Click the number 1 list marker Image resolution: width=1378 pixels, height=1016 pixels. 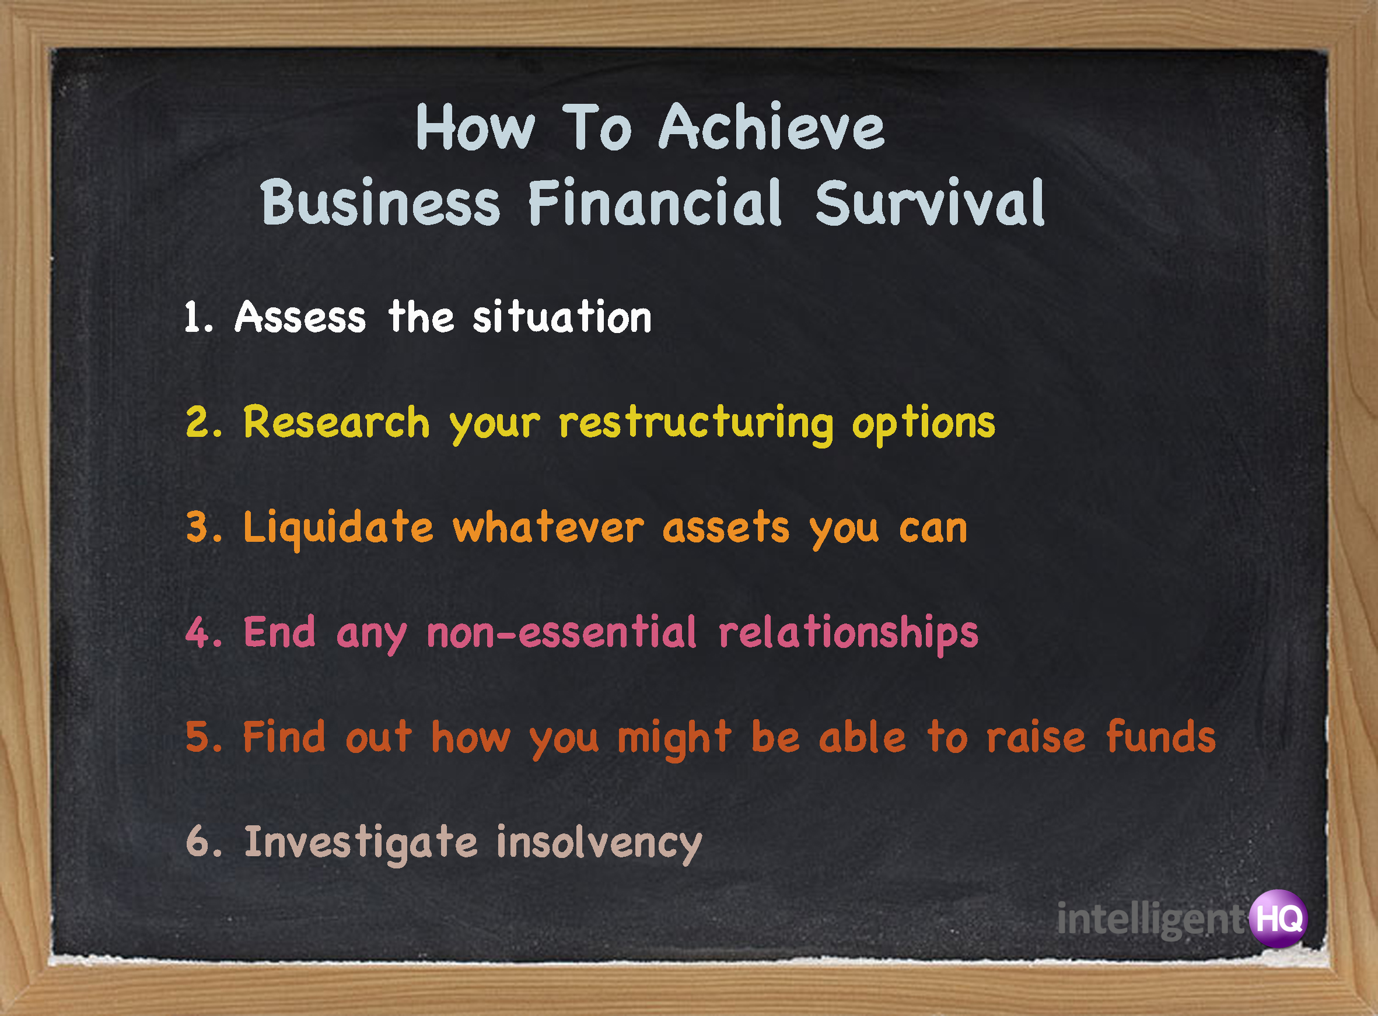click(x=198, y=317)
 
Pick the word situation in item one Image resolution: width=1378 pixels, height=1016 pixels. click(x=562, y=317)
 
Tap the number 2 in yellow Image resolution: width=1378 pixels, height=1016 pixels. click(x=203, y=423)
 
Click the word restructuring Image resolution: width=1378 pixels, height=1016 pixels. click(x=696, y=425)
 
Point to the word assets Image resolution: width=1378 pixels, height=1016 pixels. click(x=726, y=529)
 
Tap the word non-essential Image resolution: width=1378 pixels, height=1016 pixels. click(x=562, y=633)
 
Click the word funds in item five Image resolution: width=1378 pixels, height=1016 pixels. click(x=1161, y=737)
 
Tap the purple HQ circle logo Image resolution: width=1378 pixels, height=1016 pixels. click(x=1278, y=919)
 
